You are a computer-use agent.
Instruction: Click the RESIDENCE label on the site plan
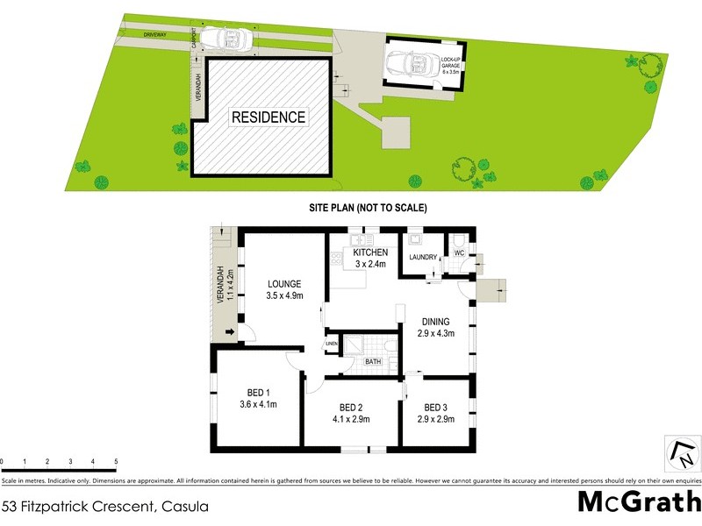(x=269, y=117)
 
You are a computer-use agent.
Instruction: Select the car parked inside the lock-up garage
(x=412, y=64)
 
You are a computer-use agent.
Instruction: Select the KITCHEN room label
(x=370, y=252)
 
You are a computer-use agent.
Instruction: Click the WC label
(x=457, y=253)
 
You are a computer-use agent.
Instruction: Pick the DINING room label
(x=435, y=322)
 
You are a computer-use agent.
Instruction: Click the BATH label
(x=373, y=361)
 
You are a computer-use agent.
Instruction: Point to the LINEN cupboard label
(x=331, y=343)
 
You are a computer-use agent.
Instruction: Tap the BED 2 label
(x=351, y=408)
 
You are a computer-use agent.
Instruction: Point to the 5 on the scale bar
(x=116, y=460)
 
